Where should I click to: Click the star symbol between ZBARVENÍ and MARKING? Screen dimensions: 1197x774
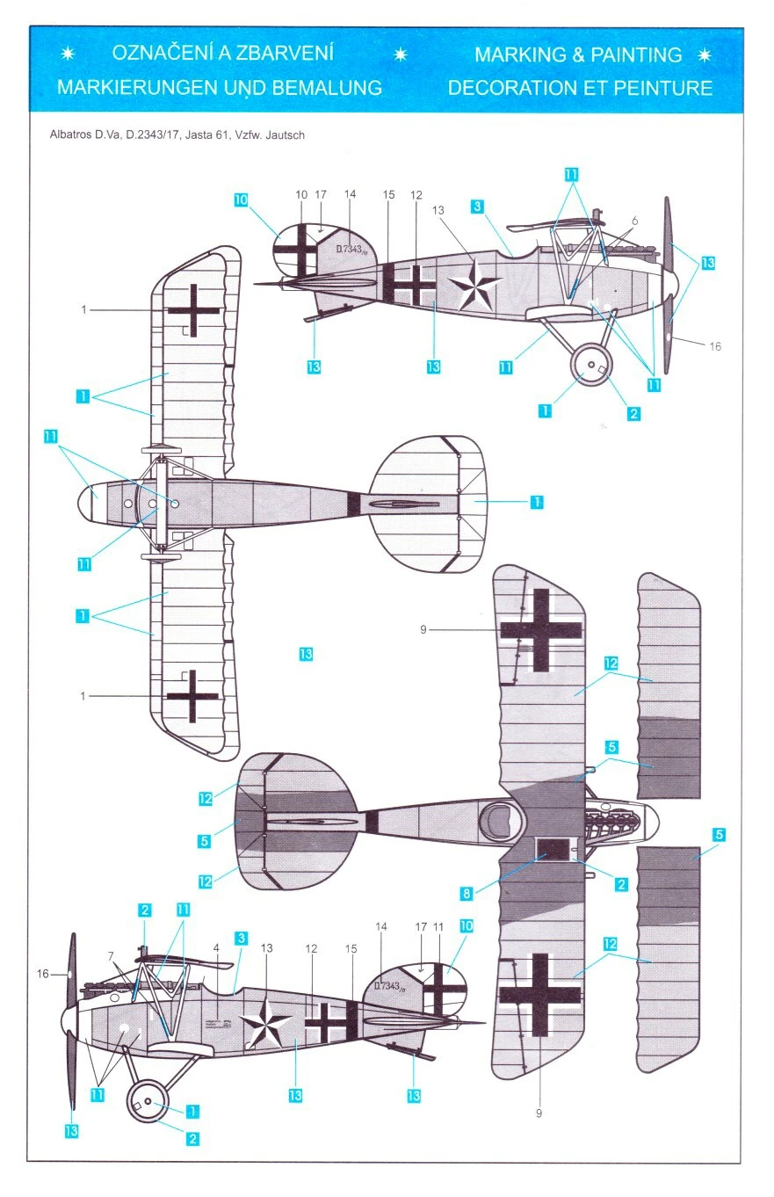point(401,54)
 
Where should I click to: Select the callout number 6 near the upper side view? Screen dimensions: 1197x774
point(635,221)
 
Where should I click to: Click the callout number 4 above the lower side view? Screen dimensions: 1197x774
point(216,949)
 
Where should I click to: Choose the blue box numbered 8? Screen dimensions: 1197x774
point(467,894)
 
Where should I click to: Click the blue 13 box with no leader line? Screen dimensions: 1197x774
point(306,654)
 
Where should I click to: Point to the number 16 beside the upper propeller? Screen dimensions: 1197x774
point(715,346)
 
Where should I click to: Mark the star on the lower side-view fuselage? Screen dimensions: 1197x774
point(268,1022)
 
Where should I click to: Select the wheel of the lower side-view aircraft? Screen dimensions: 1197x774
point(148,1101)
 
